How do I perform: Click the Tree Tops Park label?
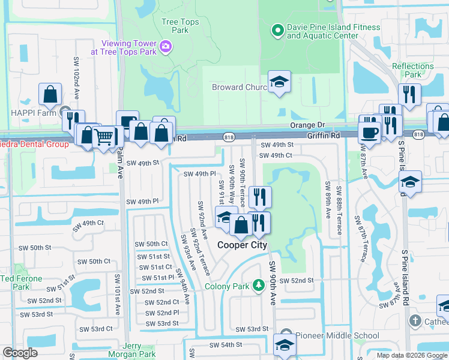pyautogui.click(x=180, y=26)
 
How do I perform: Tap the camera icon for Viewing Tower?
pyautogui.click(x=166, y=46)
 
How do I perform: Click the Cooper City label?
pyautogui.click(x=242, y=245)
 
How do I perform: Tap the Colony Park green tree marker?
pyautogui.click(x=258, y=285)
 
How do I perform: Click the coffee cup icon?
pyautogui.click(x=370, y=133)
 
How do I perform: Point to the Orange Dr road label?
pyautogui.click(x=307, y=125)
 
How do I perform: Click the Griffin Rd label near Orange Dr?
pyautogui.click(x=323, y=136)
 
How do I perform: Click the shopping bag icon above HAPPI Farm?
pyautogui.click(x=50, y=94)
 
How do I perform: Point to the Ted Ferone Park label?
pyautogui.click(x=22, y=283)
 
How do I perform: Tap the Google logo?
pyautogui.click(x=20, y=353)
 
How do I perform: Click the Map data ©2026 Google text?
pyautogui.click(x=411, y=355)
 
